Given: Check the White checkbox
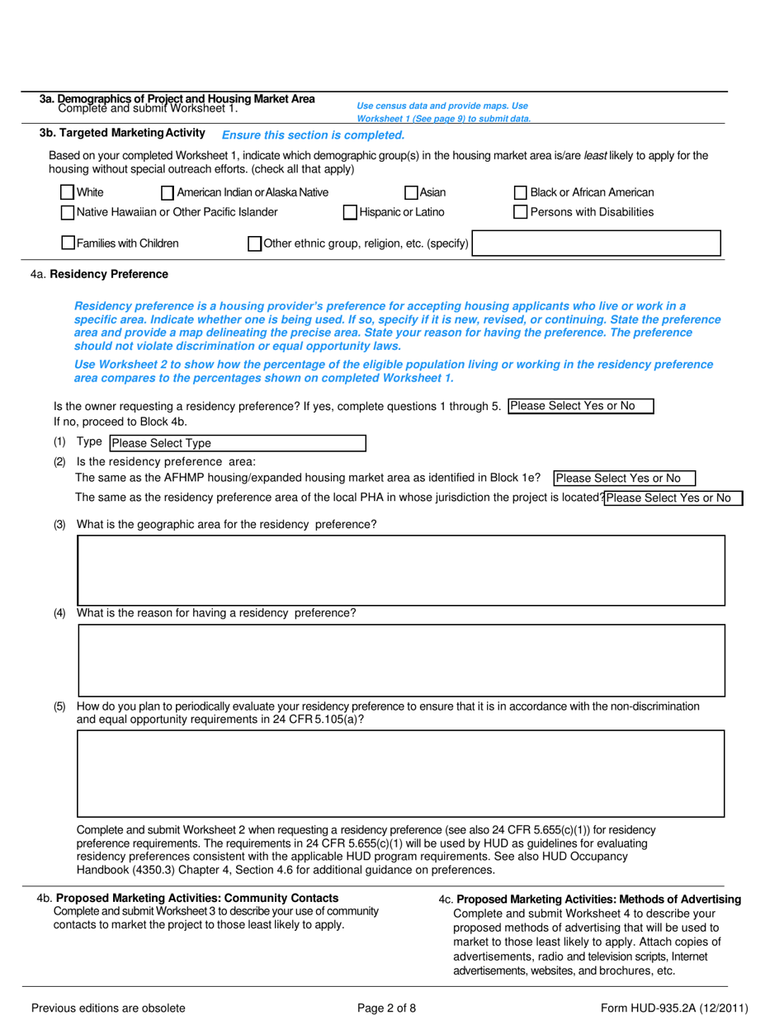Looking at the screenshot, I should [x=68, y=193].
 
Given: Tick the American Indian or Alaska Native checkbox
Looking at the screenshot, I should [x=168, y=193].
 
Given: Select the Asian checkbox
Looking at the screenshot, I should [x=411, y=193].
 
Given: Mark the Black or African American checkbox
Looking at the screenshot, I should [x=521, y=193].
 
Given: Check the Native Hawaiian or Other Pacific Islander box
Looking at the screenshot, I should [x=68, y=213].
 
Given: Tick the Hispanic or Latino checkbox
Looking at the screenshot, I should [x=350, y=213].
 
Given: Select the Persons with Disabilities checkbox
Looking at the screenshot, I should [x=521, y=213].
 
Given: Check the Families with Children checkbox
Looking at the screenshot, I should [x=68, y=243].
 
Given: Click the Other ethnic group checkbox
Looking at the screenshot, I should [x=255, y=243].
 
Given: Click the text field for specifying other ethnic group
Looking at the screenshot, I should [x=596, y=243].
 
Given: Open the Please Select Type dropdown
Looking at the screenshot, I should [x=238, y=443].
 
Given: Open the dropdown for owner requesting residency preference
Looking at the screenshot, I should [x=581, y=406].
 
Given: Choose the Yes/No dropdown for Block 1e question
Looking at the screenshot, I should [x=625, y=479].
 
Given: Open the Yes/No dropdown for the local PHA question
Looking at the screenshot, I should [x=673, y=498].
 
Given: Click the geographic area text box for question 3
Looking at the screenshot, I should [x=401, y=570].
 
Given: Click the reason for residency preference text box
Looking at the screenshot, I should [x=401, y=660].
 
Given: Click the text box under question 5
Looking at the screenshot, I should [x=401, y=773].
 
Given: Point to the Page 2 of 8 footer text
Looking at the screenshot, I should [x=386, y=1008].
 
